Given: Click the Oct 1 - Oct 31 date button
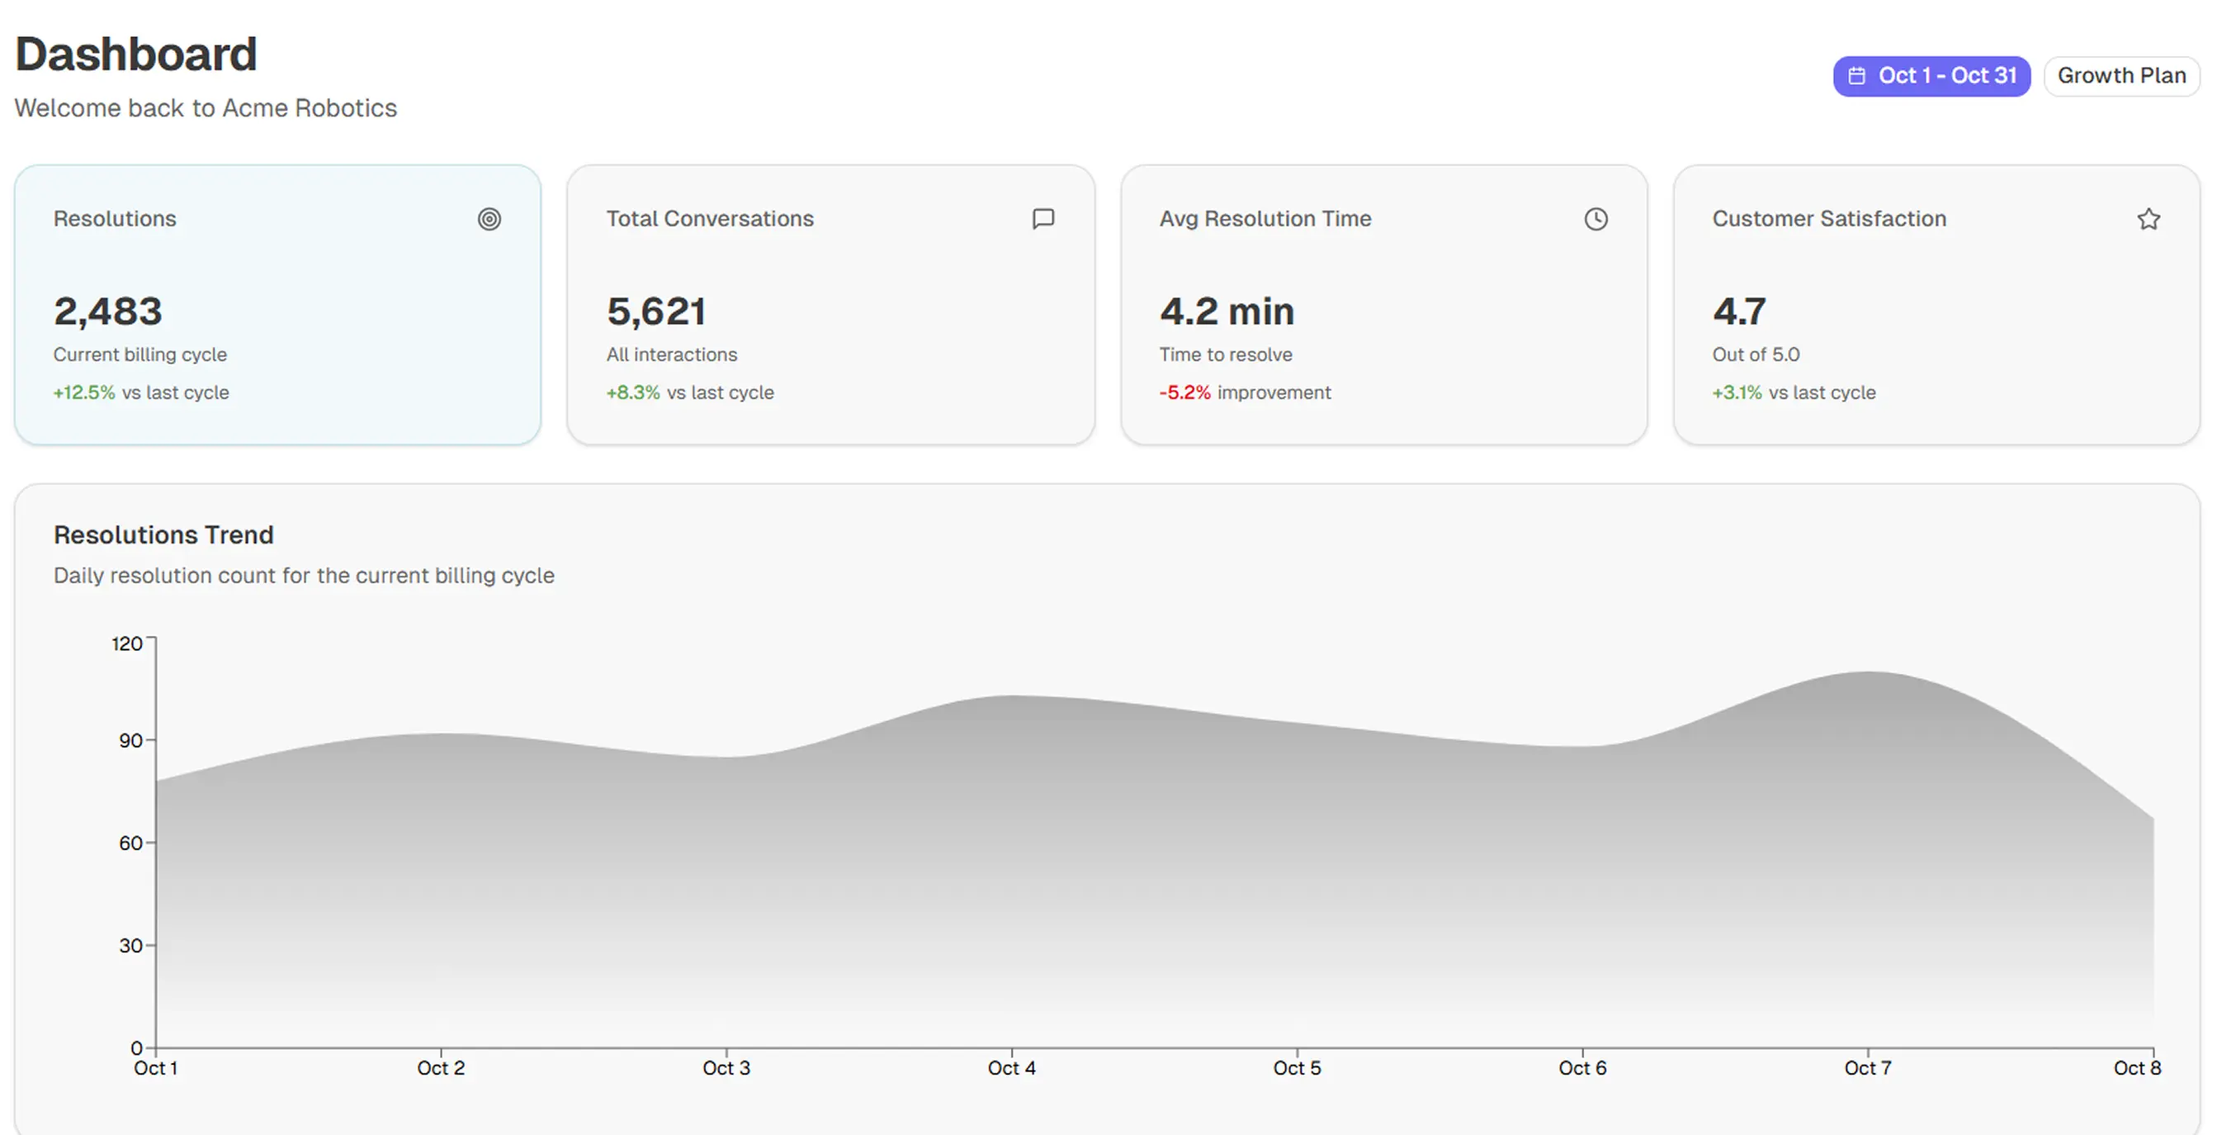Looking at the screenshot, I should tap(1931, 76).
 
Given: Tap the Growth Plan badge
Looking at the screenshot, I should tap(2121, 76).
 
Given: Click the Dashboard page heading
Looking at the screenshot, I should tap(136, 55).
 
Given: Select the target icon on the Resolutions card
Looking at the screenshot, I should tap(489, 219).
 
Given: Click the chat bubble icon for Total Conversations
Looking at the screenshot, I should tap(1042, 219).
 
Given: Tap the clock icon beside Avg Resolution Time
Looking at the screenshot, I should tap(1596, 219).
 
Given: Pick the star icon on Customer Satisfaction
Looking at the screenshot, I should tap(2149, 219).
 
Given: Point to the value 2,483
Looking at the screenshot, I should tap(108, 311).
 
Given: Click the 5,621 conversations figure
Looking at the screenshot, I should tap(656, 311).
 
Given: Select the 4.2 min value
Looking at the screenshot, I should tap(1227, 311).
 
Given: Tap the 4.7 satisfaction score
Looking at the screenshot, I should tap(1739, 311).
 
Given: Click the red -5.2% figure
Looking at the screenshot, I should tap(1184, 392).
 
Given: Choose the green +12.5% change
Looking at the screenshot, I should tap(83, 392).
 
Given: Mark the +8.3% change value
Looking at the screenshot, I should tap(633, 392).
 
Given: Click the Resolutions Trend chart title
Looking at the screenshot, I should tap(164, 535).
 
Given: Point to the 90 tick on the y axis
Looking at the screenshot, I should tap(130, 740).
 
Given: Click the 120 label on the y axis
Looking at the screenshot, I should tap(127, 643).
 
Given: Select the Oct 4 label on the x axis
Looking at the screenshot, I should tap(1011, 1069).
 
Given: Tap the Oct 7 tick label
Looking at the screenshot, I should tap(1867, 1069).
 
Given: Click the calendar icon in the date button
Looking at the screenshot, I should tap(1857, 76).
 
